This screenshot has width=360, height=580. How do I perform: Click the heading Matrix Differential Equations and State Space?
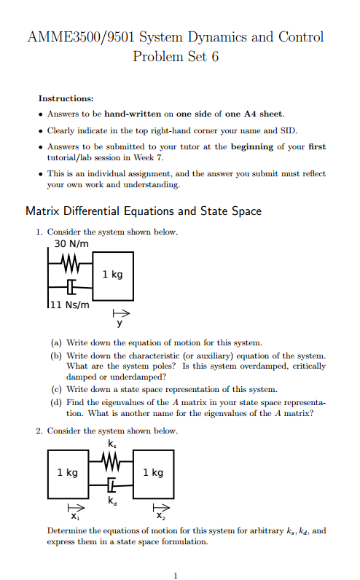tap(144, 211)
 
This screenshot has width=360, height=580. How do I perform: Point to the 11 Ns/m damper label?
tap(70, 305)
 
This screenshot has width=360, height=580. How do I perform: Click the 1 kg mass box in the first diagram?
tap(112, 275)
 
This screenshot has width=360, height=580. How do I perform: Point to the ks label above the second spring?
tap(111, 444)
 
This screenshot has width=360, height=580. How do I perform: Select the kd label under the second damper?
tap(111, 501)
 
